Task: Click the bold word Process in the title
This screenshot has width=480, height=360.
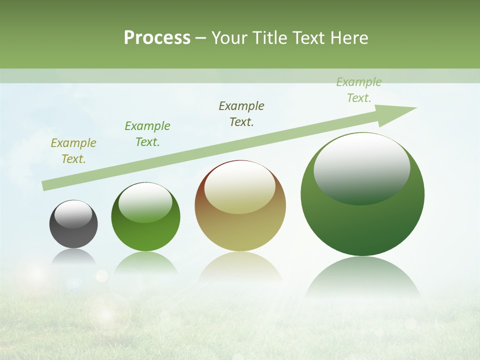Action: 157,38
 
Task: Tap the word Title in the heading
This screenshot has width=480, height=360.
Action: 272,38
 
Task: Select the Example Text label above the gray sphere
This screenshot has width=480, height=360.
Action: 73,151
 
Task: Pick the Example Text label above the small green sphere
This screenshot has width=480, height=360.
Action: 147,134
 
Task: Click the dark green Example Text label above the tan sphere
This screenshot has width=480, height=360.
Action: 241,114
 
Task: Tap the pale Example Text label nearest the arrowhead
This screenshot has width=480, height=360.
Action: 359,90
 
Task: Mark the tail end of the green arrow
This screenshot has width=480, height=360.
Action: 46,186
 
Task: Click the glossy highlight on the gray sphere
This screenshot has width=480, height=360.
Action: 73,214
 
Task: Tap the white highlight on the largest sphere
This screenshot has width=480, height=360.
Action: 361,167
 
